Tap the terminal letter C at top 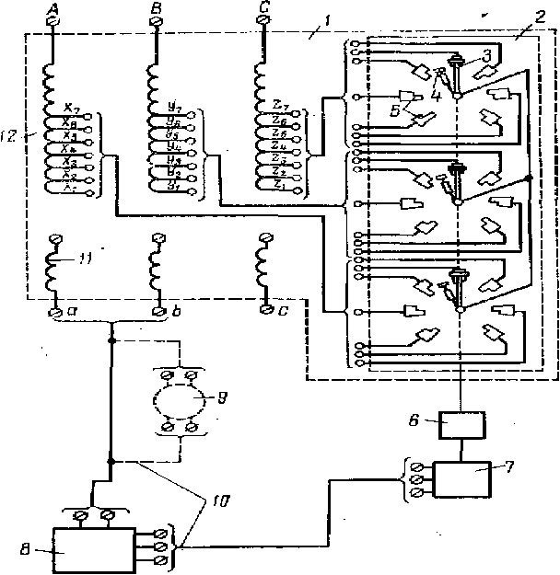point(263,10)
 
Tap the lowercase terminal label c point(282,312)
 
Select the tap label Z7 point(281,113)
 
